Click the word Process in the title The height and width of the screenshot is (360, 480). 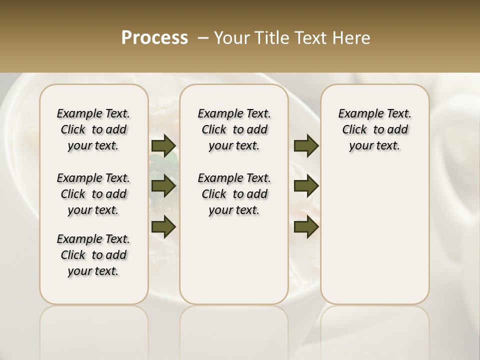coord(154,38)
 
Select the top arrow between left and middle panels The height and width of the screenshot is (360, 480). coord(163,145)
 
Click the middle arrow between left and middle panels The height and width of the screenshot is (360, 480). coord(163,186)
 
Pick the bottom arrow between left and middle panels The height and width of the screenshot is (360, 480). coord(163,226)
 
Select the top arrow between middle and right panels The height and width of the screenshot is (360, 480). coord(306,145)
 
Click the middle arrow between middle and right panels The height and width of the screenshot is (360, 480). coord(306,186)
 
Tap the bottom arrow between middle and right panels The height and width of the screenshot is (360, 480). coord(306,226)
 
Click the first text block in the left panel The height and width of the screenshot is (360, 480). coord(93,129)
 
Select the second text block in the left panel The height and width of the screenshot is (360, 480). coord(93,194)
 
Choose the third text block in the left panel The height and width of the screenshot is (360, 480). coord(93,255)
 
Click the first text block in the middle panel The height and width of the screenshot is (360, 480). coord(234,129)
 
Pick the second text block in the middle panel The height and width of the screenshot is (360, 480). coord(234,194)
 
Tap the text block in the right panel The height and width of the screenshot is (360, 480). coord(374,129)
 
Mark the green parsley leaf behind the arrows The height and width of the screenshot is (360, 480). coord(171,159)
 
